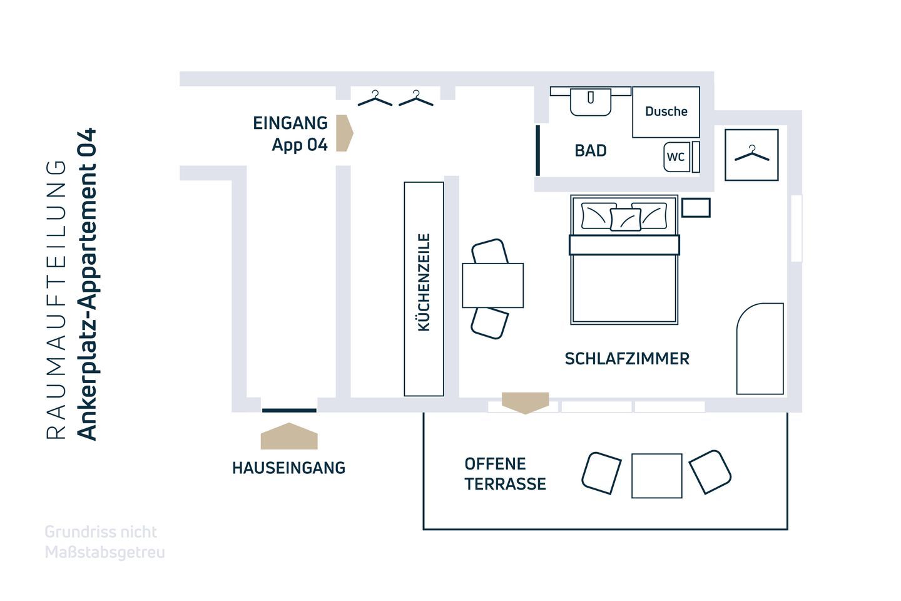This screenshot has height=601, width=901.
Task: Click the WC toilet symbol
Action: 675,157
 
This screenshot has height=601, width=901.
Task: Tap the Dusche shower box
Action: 666,112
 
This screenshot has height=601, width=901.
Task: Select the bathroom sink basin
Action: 590,102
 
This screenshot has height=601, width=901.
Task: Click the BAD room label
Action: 590,151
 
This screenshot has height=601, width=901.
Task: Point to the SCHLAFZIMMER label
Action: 627,359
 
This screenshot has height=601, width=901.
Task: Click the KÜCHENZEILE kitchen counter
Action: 424,289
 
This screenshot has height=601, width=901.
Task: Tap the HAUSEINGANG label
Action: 288,468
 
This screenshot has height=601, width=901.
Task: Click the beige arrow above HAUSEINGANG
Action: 289,436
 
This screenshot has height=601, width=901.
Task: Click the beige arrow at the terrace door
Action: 525,402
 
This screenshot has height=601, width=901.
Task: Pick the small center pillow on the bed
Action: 625,220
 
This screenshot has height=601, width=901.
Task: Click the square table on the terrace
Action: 656,476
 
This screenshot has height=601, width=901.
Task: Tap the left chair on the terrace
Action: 601,473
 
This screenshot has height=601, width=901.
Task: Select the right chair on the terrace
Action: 710,471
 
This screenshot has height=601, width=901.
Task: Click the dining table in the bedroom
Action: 492,285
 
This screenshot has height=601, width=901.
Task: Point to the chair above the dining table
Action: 490,251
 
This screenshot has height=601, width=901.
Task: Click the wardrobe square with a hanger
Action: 751,155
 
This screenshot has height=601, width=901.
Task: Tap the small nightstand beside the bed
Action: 696,207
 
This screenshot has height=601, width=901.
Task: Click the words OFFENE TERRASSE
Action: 505,474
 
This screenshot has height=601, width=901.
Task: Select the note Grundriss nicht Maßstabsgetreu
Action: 104,542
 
